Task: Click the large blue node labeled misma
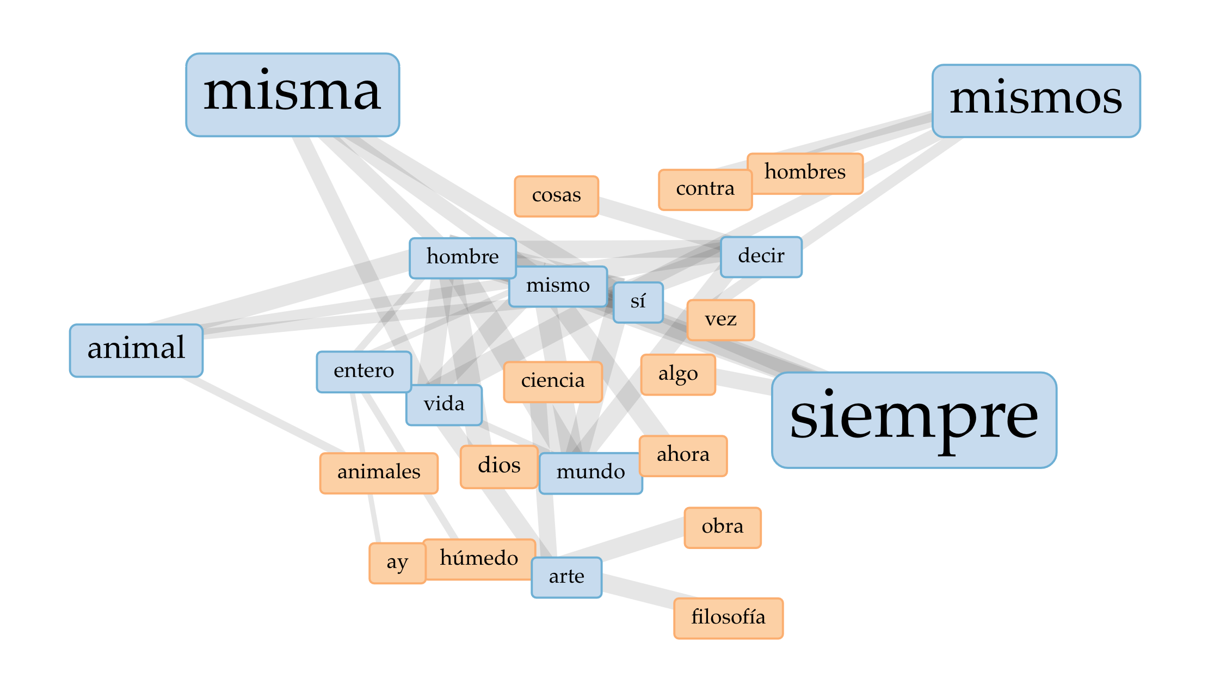(292, 95)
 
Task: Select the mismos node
(1036, 101)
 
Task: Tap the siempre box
(914, 419)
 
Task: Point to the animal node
(136, 350)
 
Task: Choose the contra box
(705, 189)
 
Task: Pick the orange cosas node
(556, 196)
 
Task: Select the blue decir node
(761, 256)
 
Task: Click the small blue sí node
(638, 302)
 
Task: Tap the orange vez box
(720, 320)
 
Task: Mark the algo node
(677, 374)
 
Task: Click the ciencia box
(552, 381)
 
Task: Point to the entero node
(363, 371)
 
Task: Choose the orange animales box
(379, 473)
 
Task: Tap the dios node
(498, 466)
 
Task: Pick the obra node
(722, 527)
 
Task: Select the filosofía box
(728, 618)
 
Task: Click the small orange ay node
(397, 563)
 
